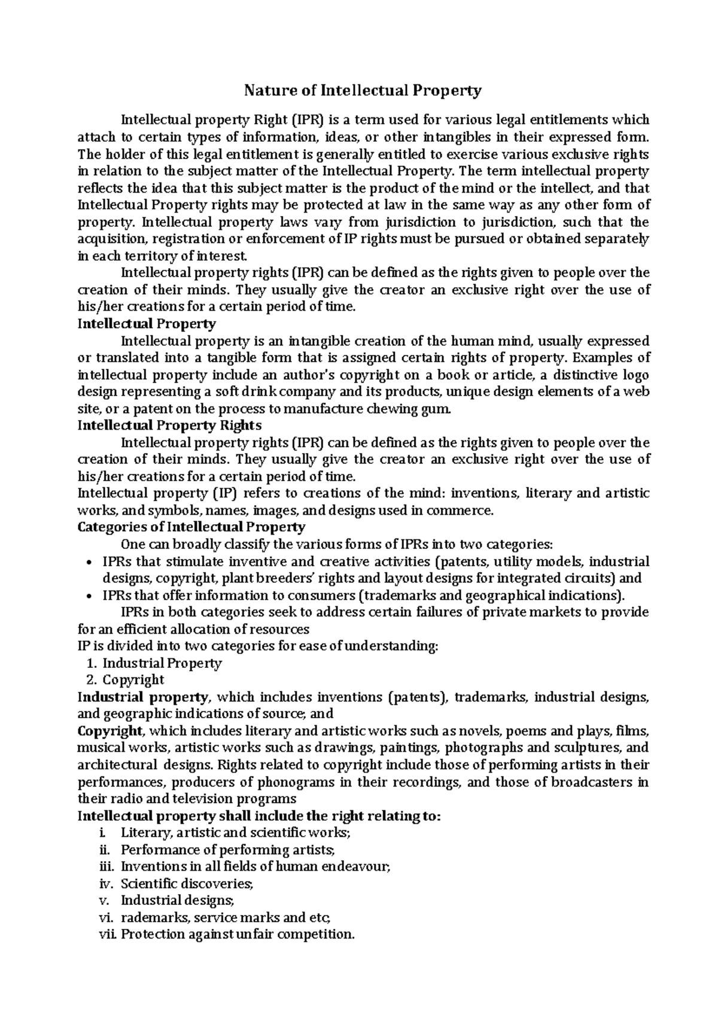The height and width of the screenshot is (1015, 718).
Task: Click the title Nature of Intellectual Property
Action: click(362, 91)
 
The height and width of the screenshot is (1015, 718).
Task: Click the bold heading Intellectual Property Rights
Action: click(170, 426)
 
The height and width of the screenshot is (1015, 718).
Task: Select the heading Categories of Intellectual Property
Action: click(191, 527)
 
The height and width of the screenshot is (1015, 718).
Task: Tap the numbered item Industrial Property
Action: click(162, 663)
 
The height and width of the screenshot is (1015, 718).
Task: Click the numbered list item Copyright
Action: click(133, 680)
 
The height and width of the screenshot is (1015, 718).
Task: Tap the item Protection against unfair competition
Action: click(238, 934)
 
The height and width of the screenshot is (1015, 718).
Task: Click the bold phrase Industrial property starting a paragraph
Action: click(143, 697)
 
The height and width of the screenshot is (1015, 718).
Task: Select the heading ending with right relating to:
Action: click(259, 816)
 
